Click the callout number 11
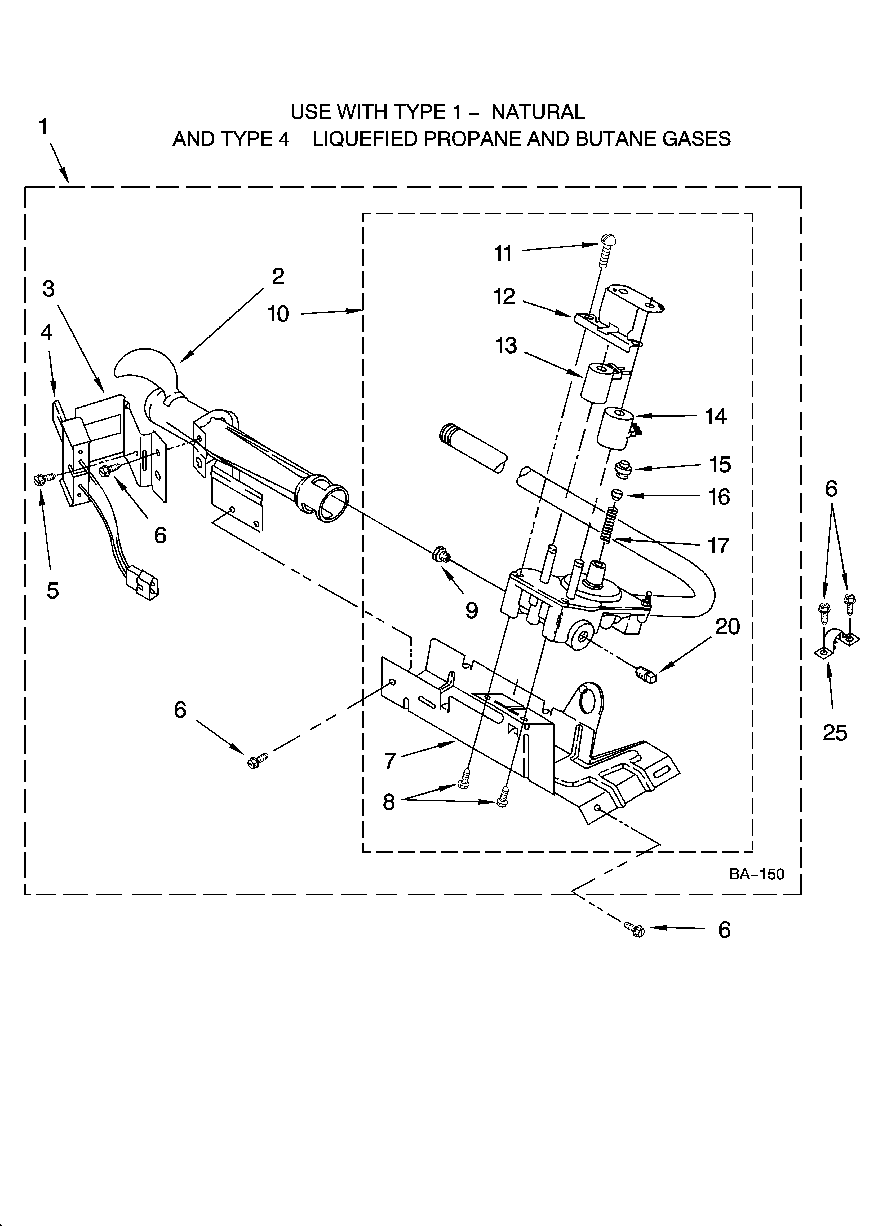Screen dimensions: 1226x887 click(x=503, y=254)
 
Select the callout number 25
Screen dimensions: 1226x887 click(x=835, y=733)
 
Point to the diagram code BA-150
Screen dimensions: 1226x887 click(x=756, y=874)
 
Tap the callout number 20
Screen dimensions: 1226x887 click(x=727, y=626)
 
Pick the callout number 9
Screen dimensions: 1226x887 click(x=472, y=610)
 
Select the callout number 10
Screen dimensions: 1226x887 click(x=278, y=313)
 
